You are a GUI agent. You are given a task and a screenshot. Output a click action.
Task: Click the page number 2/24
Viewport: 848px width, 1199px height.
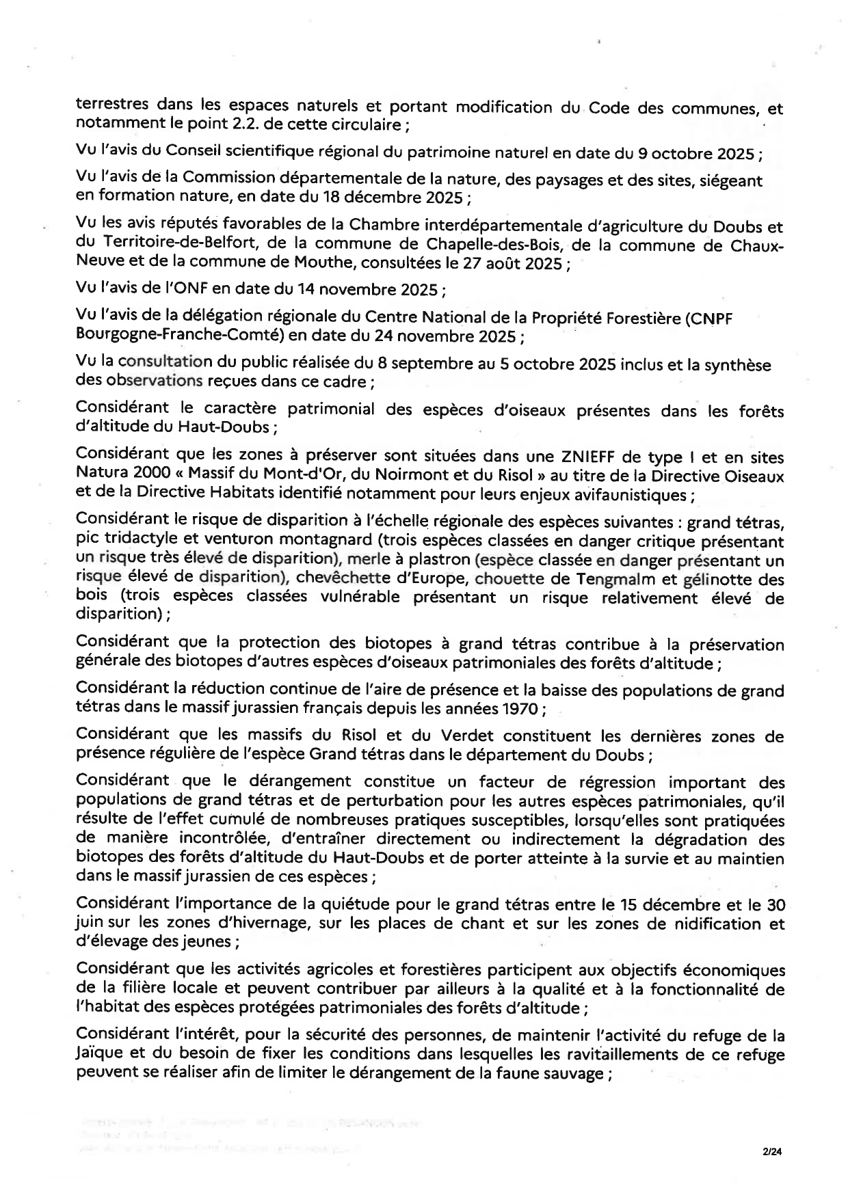771,1152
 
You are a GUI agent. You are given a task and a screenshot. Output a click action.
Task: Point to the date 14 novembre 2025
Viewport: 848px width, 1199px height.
369,289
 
